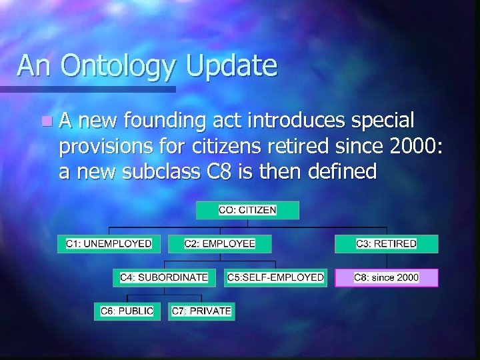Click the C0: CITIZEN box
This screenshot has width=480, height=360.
[x=247, y=210]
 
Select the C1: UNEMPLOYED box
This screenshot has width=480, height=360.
[x=109, y=243]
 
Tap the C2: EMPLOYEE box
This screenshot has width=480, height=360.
[x=219, y=243]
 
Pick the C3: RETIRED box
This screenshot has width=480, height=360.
[x=386, y=243]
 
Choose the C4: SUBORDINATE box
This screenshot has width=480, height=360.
[x=164, y=277]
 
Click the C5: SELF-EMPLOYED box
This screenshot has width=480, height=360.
[x=275, y=277]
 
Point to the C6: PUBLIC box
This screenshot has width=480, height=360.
[x=127, y=311]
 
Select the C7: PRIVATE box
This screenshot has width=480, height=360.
[x=201, y=311]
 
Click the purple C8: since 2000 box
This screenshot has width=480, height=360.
[x=386, y=277]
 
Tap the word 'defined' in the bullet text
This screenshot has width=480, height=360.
[x=343, y=171]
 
